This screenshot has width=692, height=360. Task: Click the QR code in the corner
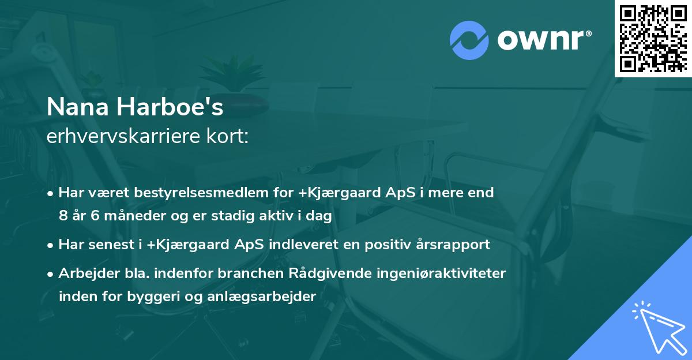coord(653,38)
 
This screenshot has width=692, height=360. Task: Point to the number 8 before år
coord(63,216)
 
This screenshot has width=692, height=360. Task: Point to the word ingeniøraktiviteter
coord(443,273)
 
